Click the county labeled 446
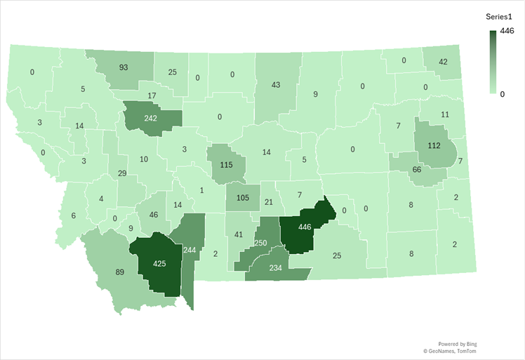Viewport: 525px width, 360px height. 304,227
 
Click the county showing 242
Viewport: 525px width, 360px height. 150,119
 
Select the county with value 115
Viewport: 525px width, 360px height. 226,164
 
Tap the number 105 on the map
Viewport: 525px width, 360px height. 243,198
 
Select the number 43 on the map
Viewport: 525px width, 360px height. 276,85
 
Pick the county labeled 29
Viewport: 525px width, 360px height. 122,173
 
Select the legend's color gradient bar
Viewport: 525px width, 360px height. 493,62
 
